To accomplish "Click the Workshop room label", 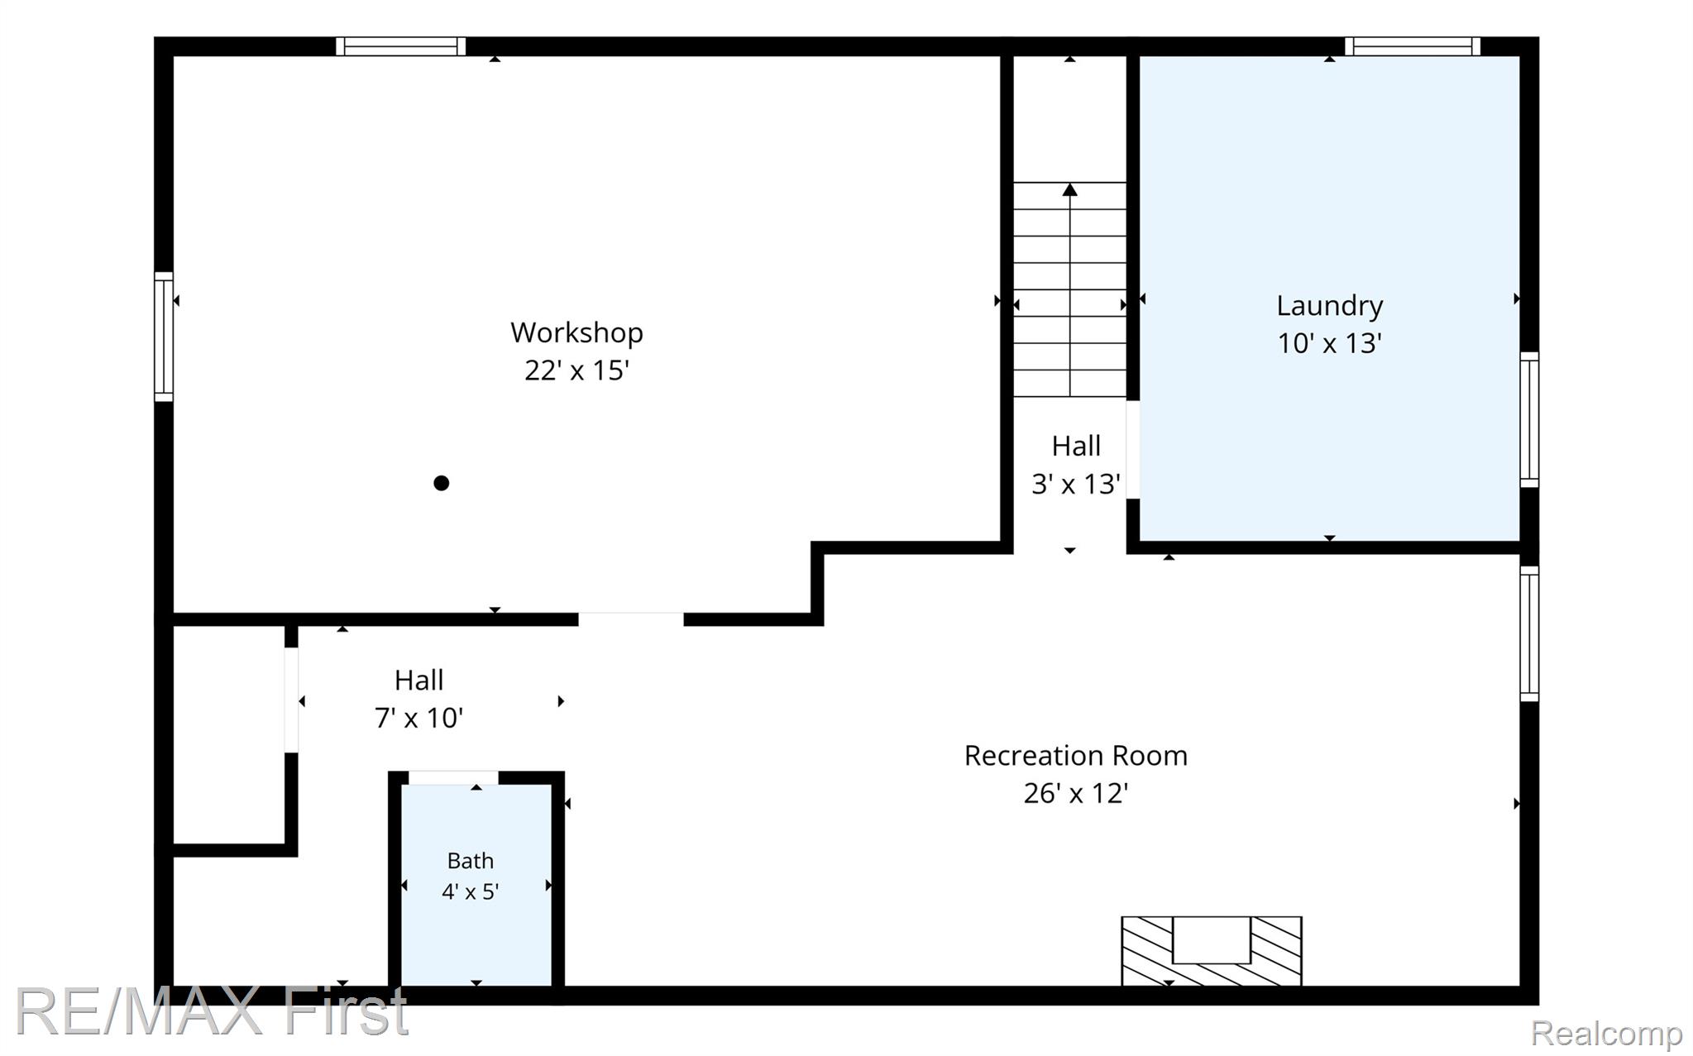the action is pos(576,332).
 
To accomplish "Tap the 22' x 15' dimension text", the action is pos(576,370).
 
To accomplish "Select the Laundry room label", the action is pos(1329,307).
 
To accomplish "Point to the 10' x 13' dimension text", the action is pos(1329,342).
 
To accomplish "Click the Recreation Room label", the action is pos(1075,755).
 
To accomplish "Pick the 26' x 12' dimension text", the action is pos(1075,793).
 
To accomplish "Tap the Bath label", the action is pos(470,861).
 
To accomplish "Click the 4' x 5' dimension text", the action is pos(470,891).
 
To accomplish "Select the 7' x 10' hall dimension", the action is pos(418,718).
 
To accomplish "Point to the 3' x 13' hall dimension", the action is pos(1075,484).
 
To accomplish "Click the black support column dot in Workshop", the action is pos(442,483).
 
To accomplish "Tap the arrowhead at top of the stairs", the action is pos(1070,189).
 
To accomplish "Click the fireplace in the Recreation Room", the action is pos(1211,951).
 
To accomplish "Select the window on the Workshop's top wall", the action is pos(400,46).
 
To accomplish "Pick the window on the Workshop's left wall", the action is pos(164,337).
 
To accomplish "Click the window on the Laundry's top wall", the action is pos(1413,46).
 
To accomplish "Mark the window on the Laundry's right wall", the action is pos(1529,419).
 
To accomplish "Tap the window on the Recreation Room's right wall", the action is pos(1529,633).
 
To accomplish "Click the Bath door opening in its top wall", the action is pos(453,777).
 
